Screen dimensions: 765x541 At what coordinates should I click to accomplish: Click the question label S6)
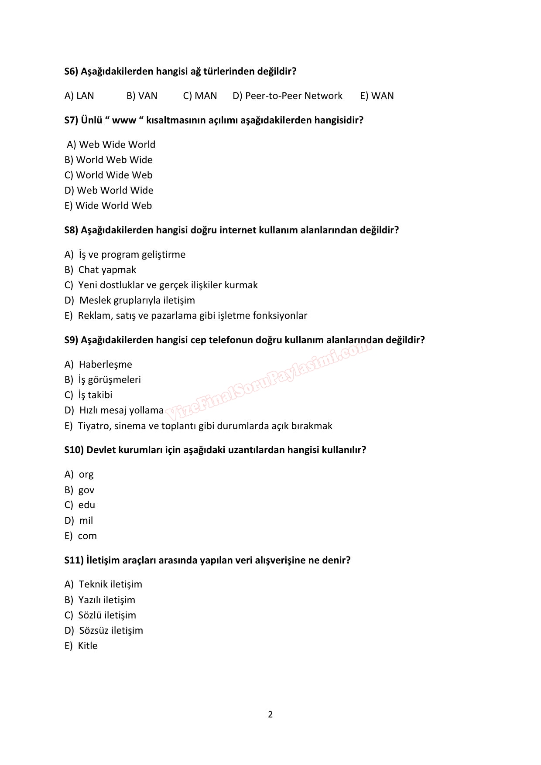tap(71, 72)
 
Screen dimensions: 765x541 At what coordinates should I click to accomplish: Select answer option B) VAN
tap(142, 96)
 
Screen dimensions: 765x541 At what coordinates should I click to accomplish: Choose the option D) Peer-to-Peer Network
tap(288, 96)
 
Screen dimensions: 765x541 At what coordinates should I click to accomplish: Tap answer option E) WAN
tap(377, 96)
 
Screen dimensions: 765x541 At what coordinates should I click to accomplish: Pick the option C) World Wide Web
tap(108, 175)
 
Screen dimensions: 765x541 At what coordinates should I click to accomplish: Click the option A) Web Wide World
tap(111, 145)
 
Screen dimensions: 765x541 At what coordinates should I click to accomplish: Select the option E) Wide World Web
tap(108, 206)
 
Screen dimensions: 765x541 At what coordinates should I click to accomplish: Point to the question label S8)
tap(71, 230)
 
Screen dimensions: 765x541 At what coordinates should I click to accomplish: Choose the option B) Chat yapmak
tap(100, 270)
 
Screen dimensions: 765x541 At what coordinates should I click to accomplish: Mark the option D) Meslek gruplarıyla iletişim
tap(130, 301)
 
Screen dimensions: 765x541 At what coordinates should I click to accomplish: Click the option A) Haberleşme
tap(98, 365)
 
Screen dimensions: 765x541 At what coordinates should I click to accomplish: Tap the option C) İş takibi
tap(88, 395)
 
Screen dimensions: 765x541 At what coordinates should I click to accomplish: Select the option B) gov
tap(79, 490)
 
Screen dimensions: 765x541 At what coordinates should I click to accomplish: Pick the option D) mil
tap(79, 521)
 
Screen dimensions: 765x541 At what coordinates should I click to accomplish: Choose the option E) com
tap(80, 536)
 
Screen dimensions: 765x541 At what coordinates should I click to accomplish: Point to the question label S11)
tap(74, 560)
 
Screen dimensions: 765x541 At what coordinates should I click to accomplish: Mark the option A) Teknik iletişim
tap(103, 584)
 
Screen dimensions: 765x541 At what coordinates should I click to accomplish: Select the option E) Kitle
tap(81, 646)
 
